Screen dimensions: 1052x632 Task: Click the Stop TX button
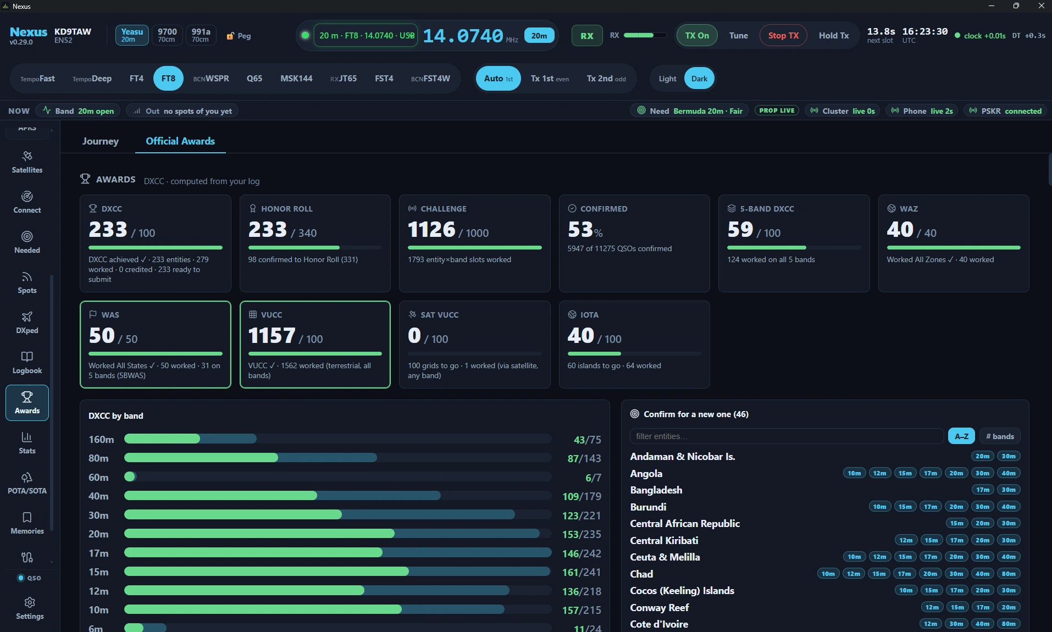click(x=783, y=36)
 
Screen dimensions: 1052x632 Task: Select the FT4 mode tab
click(x=136, y=79)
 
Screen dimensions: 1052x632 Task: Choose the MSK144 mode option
click(x=296, y=79)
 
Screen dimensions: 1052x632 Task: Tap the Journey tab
click(x=101, y=141)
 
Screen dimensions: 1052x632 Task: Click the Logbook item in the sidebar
click(x=27, y=363)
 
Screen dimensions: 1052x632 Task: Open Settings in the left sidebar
click(x=30, y=608)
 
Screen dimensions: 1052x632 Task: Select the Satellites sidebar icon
click(x=27, y=162)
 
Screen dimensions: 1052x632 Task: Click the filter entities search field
click(x=787, y=436)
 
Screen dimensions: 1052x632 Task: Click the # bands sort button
click(x=1000, y=436)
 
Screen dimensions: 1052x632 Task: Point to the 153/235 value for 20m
click(x=582, y=534)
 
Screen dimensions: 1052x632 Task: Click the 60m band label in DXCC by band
click(x=98, y=478)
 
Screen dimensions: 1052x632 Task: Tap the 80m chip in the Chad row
click(x=1009, y=574)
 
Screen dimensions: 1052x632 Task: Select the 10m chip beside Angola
click(x=854, y=473)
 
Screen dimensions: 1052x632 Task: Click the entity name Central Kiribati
click(x=664, y=540)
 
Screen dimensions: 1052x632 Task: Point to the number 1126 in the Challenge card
click(x=431, y=229)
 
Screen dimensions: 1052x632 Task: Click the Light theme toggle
click(x=667, y=79)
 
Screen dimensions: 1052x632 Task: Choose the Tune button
click(x=738, y=36)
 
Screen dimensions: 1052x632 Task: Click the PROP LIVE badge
click(x=777, y=110)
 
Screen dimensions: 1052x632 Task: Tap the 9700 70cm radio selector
click(x=167, y=35)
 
